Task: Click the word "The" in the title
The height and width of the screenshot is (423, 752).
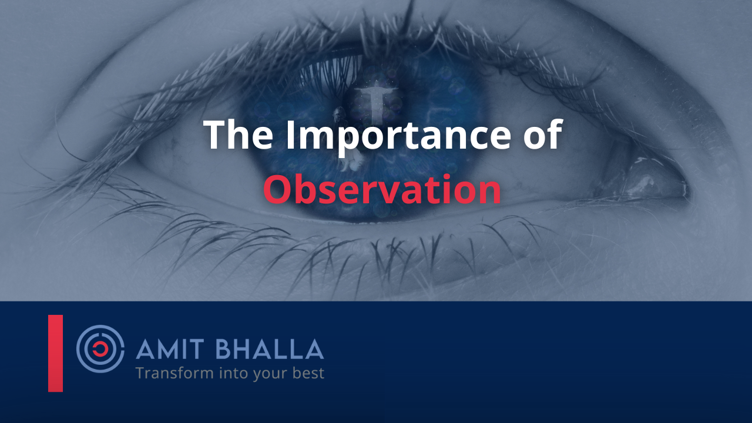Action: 239,135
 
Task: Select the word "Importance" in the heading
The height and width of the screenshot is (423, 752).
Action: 398,137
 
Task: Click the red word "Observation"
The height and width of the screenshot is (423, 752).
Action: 382,189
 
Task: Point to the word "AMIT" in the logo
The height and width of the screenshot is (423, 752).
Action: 170,349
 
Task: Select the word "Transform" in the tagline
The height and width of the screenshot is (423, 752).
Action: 174,373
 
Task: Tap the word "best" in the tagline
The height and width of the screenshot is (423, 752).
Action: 308,373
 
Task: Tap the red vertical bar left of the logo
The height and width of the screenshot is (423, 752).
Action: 55,353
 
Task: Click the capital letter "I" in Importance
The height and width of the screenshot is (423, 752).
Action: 290,135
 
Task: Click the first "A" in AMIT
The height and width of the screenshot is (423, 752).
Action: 145,349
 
